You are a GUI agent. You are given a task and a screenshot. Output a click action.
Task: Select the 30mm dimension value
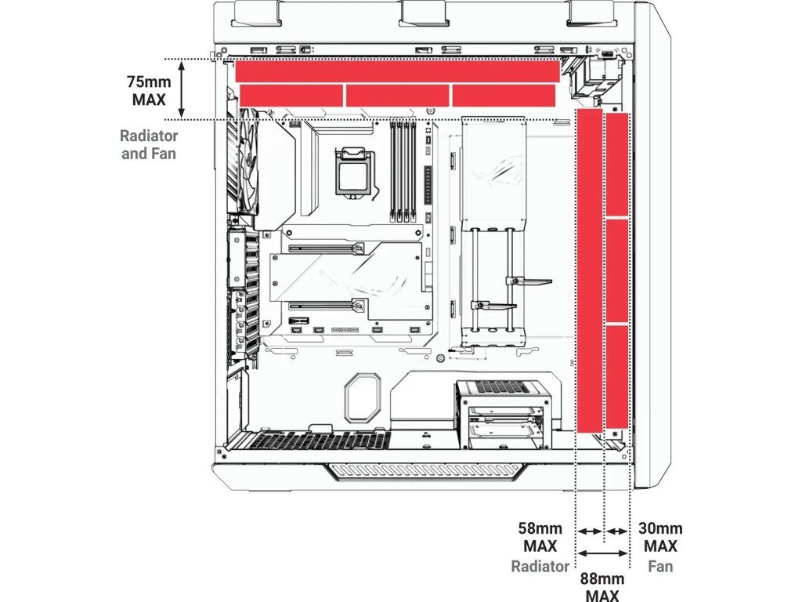[660, 528]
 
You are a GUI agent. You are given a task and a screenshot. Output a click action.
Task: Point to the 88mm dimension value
[601, 578]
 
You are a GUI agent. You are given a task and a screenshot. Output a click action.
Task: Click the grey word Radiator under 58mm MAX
[540, 566]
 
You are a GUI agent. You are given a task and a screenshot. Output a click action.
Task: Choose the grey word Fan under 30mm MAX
[660, 566]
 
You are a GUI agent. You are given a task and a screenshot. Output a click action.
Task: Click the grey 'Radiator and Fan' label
[148, 144]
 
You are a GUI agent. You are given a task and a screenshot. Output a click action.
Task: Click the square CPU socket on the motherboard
[352, 170]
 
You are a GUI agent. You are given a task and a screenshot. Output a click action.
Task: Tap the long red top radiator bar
[397, 71]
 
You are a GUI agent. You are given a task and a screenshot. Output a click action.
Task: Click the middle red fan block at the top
[397, 95]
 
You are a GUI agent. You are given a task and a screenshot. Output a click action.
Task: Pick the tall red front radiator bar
[589, 271]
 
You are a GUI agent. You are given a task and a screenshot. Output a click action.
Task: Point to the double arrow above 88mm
[603, 553]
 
